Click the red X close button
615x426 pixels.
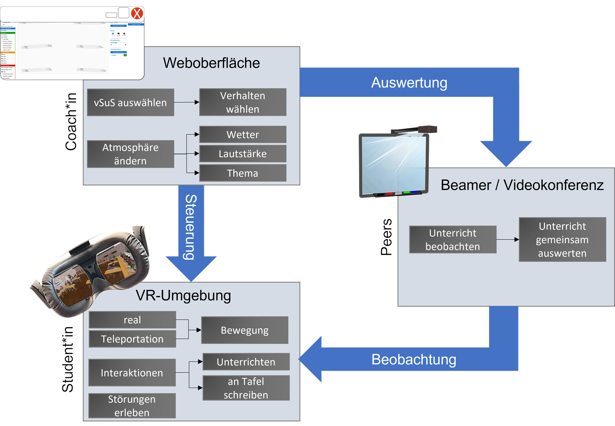[137, 14]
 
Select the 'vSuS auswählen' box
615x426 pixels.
[130, 103]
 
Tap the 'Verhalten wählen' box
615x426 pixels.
[243, 102]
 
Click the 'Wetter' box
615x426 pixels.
[243, 135]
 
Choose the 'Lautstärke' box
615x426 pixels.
[243, 154]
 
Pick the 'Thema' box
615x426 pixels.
[243, 173]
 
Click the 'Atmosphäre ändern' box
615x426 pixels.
[130, 154]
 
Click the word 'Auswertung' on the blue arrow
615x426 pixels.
[409, 83]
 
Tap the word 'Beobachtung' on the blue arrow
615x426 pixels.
[413, 360]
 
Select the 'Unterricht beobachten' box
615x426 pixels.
[453, 239]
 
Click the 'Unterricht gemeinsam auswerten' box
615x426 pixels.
[562, 239]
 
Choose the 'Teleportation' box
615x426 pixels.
[132, 339]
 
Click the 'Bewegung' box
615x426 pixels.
[245, 330]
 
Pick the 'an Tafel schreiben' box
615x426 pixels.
[246, 388]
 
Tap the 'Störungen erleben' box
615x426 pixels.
[132, 406]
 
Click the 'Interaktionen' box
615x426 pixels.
[132, 373]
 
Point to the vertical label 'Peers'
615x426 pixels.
[386, 237]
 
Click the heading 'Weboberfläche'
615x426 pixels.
[211, 63]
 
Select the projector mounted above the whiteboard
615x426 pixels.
[427, 129]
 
